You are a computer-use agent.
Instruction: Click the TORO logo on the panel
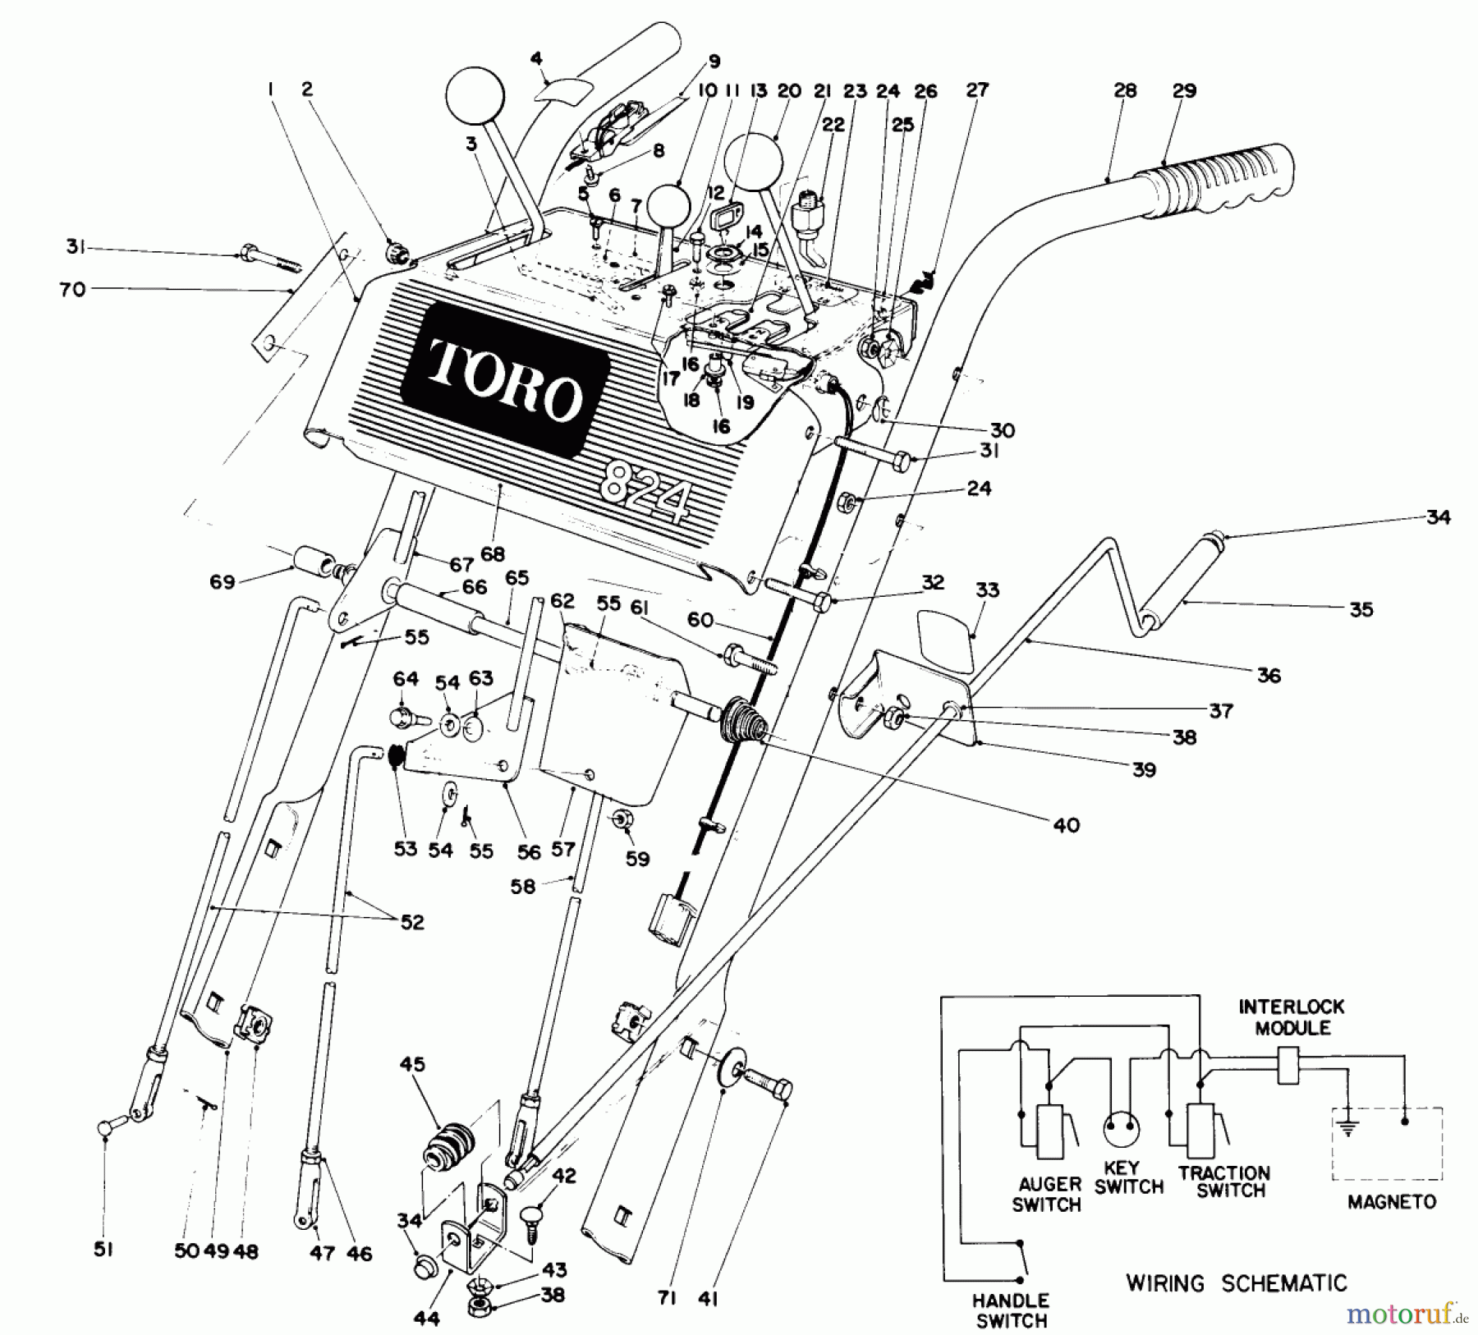click(x=504, y=378)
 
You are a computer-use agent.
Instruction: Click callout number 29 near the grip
click(x=1184, y=91)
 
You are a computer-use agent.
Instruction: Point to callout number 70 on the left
click(x=72, y=289)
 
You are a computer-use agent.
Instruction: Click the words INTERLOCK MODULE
click(x=1292, y=1016)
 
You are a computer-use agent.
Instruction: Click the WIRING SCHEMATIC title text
click(x=1236, y=1282)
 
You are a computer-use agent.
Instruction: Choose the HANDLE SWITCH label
click(x=1010, y=1310)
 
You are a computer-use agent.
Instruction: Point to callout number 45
click(x=412, y=1065)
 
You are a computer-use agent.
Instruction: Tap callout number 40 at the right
click(x=1066, y=824)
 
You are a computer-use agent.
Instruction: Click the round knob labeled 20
click(x=755, y=164)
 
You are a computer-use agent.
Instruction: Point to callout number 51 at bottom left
click(x=103, y=1250)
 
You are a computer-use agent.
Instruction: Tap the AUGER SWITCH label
click(x=1048, y=1194)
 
